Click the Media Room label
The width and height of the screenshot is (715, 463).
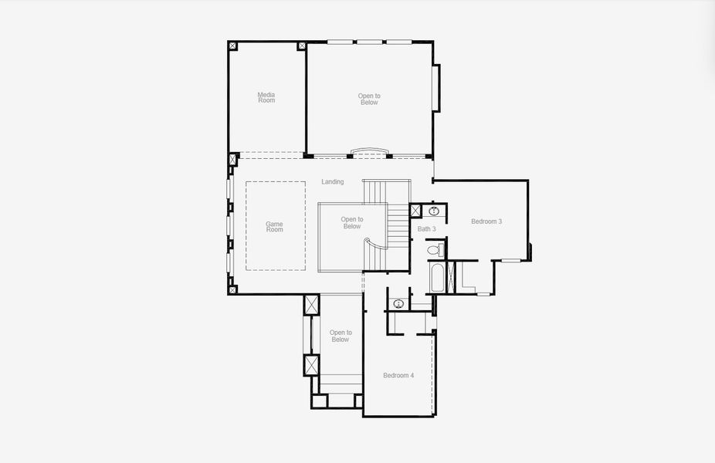click(266, 97)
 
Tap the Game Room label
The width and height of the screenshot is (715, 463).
click(275, 226)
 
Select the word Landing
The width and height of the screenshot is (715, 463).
click(333, 182)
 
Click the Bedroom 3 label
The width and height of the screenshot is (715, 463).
click(486, 221)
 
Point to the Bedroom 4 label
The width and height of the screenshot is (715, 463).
click(398, 376)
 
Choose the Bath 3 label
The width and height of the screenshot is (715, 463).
click(427, 229)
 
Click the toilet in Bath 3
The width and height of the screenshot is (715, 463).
click(435, 250)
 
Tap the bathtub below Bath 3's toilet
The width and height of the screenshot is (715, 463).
click(436, 278)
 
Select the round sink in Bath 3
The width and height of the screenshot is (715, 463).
click(434, 211)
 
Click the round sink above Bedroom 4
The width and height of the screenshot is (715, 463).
click(398, 302)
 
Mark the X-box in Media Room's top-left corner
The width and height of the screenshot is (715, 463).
click(232, 46)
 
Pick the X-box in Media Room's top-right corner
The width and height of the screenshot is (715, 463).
click(301, 46)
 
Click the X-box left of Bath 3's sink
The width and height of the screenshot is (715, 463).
click(415, 211)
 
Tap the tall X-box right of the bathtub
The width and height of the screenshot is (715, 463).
click(452, 277)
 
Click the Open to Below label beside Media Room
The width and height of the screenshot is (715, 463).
click(369, 99)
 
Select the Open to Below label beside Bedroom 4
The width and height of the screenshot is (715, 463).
click(340, 336)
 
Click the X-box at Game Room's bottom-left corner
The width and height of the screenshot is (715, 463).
click(232, 289)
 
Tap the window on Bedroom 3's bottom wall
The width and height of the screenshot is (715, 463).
click(510, 261)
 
